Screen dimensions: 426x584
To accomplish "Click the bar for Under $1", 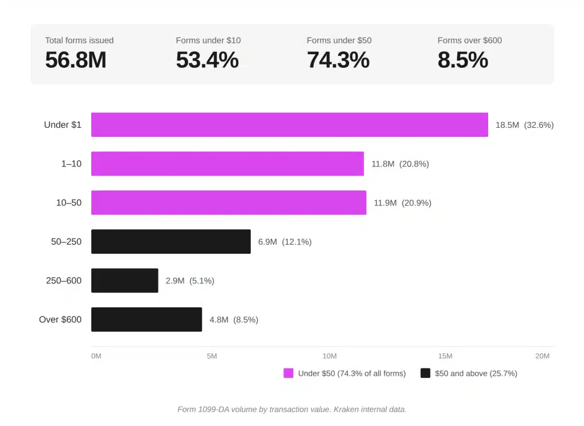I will pyautogui.click(x=289, y=125).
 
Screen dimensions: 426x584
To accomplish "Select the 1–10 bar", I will pyautogui.click(x=227, y=164).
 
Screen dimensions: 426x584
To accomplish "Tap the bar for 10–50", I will pyautogui.click(x=228, y=202).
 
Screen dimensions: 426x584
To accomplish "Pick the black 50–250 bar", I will pyautogui.click(x=171, y=241).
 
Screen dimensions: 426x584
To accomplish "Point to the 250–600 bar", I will pyautogui.click(x=124, y=281).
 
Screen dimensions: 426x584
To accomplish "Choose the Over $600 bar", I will pyautogui.click(x=146, y=319).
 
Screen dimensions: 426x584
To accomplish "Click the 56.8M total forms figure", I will pyautogui.click(x=75, y=60).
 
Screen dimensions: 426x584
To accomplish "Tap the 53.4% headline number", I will pyautogui.click(x=207, y=60).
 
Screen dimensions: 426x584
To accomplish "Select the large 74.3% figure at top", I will pyautogui.click(x=338, y=60).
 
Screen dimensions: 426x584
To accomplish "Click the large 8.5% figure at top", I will pyautogui.click(x=463, y=60).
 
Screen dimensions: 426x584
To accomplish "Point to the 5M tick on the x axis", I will pyautogui.click(x=212, y=356).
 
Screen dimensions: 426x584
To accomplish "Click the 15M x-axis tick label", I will pyautogui.click(x=445, y=356).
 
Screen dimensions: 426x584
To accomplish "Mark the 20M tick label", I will pyautogui.click(x=542, y=356).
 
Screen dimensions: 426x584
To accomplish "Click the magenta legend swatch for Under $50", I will pyautogui.click(x=289, y=374).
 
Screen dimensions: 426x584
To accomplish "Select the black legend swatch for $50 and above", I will pyautogui.click(x=425, y=374).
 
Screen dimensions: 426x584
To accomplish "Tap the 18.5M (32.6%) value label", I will pyautogui.click(x=524, y=125).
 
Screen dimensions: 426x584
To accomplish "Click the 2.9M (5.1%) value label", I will pyautogui.click(x=190, y=281).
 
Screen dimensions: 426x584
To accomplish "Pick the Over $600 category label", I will pyautogui.click(x=60, y=319).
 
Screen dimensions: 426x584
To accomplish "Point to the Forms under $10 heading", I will pyautogui.click(x=208, y=40).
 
